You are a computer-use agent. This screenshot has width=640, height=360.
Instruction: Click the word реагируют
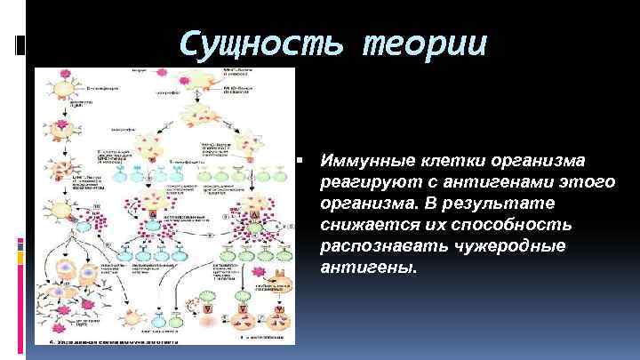point(365,183)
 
